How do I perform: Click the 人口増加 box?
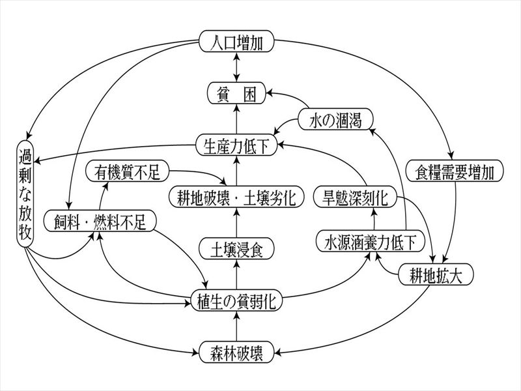tap(236, 41)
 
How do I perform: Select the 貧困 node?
tap(236, 93)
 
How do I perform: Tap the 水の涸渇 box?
tap(335, 119)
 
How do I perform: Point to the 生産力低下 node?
tap(236, 145)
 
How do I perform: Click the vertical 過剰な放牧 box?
tap(25, 194)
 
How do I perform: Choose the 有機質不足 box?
tap(127, 171)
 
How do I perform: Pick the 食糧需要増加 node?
tap(455, 171)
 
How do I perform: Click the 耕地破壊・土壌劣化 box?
tap(236, 197)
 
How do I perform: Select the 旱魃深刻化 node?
tap(355, 197)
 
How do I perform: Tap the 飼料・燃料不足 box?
tap(100, 221)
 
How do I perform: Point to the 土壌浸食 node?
tap(236, 249)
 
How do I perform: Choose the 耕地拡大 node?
tap(436, 274)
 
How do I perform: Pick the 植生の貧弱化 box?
tap(236, 300)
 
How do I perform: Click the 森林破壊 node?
tap(236, 352)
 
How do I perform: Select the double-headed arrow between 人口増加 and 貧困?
tap(236, 67)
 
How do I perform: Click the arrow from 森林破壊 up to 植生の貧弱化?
tap(236, 326)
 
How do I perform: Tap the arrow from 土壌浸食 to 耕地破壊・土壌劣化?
tap(236, 223)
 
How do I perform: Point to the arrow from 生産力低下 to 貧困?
tap(236, 119)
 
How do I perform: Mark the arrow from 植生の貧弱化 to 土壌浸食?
tap(236, 274)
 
